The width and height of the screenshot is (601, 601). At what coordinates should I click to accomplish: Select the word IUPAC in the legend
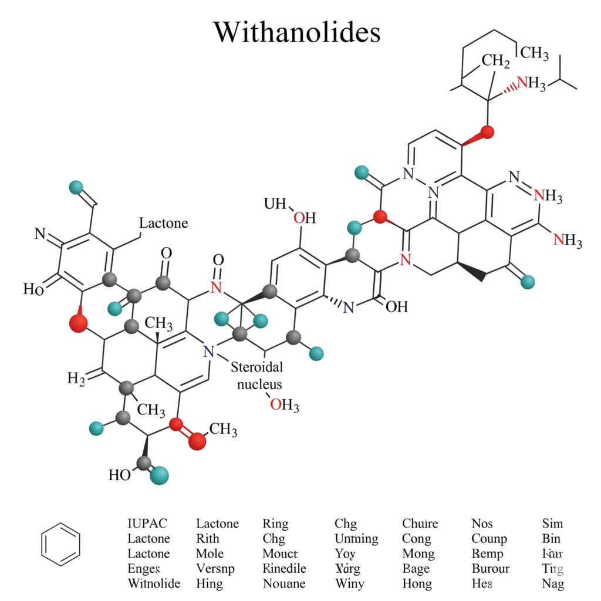[x=147, y=524]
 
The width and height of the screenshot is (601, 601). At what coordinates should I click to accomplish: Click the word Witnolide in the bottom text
[x=154, y=584]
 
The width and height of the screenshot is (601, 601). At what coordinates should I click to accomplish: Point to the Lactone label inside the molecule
[x=164, y=223]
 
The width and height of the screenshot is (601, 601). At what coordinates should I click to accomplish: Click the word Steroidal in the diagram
[x=257, y=368]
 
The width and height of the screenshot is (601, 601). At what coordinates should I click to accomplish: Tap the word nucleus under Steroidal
[x=259, y=384]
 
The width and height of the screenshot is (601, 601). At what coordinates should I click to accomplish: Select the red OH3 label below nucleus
[x=285, y=404]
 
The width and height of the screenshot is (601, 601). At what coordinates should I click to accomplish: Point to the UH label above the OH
[x=275, y=204]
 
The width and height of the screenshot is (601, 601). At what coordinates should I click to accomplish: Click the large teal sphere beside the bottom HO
[x=159, y=474]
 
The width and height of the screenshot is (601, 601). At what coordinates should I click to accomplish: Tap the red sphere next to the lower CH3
[x=198, y=441]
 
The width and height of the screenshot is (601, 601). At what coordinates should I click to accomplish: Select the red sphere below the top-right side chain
[x=486, y=132]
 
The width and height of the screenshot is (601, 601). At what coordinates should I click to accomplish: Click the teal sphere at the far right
[x=528, y=282]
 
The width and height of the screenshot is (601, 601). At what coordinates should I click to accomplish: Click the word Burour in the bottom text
[x=491, y=569]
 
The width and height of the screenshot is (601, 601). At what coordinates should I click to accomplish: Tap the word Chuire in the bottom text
[x=420, y=524]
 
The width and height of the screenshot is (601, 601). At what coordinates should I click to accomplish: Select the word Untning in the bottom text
[x=356, y=539]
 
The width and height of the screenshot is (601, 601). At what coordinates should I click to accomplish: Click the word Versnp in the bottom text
[x=215, y=569]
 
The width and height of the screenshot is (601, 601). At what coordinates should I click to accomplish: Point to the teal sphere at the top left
[x=76, y=187]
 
